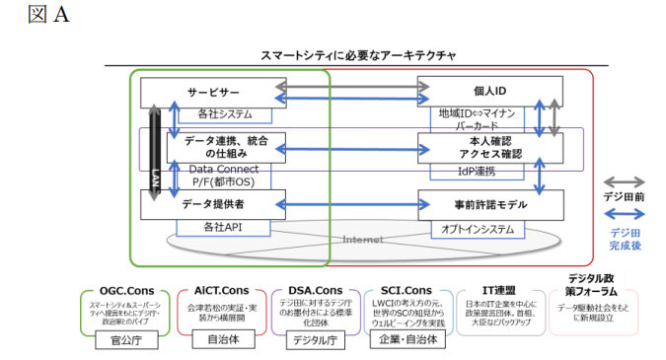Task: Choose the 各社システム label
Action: (225, 114)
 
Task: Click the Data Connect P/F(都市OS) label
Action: (224, 176)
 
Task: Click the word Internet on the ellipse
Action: (362, 239)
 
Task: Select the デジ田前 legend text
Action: (627, 196)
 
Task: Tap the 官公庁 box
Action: (125, 341)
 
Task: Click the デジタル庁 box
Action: (315, 341)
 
